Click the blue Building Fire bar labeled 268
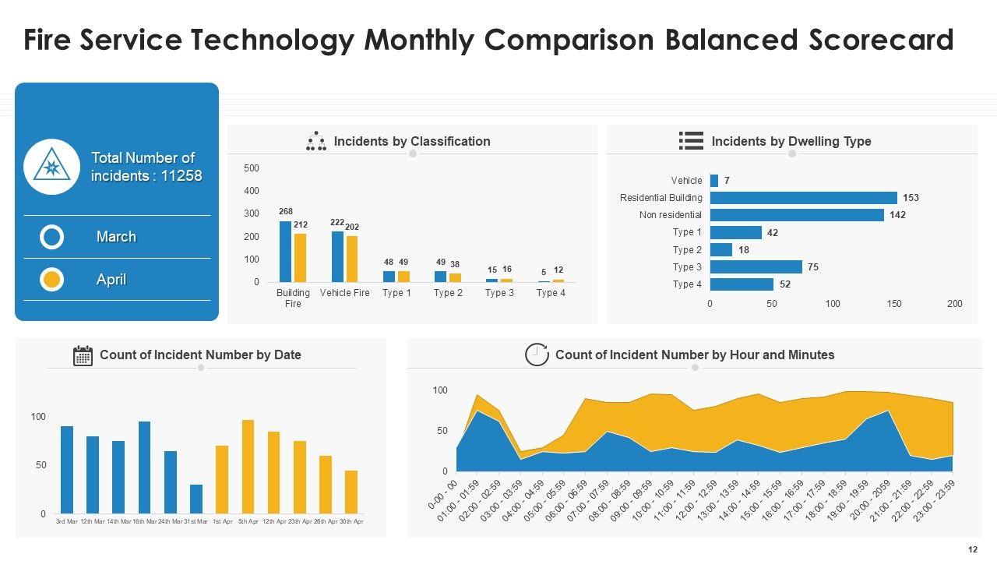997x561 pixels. click(x=285, y=251)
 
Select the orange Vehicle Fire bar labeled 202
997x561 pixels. click(x=352, y=259)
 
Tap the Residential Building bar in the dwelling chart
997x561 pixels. click(x=803, y=198)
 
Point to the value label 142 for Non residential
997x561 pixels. click(x=897, y=215)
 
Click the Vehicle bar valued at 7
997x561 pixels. click(x=714, y=181)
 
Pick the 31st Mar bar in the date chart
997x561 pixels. click(x=196, y=499)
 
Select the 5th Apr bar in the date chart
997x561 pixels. click(x=248, y=467)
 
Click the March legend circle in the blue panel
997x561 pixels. click(x=52, y=237)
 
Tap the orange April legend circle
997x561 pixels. click(x=52, y=280)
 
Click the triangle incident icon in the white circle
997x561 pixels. click(x=51, y=167)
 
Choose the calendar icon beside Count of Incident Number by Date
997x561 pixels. click(x=83, y=355)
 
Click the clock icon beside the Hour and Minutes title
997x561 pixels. click(x=537, y=355)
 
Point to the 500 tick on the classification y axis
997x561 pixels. click(x=252, y=168)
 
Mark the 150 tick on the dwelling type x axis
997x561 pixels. click(x=894, y=304)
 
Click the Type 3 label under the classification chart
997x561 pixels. click(x=499, y=293)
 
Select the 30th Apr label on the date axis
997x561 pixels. click(x=351, y=521)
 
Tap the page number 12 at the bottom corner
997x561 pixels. click(x=972, y=549)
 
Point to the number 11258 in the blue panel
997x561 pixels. click(x=181, y=176)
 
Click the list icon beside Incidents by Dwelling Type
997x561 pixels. click(x=691, y=141)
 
